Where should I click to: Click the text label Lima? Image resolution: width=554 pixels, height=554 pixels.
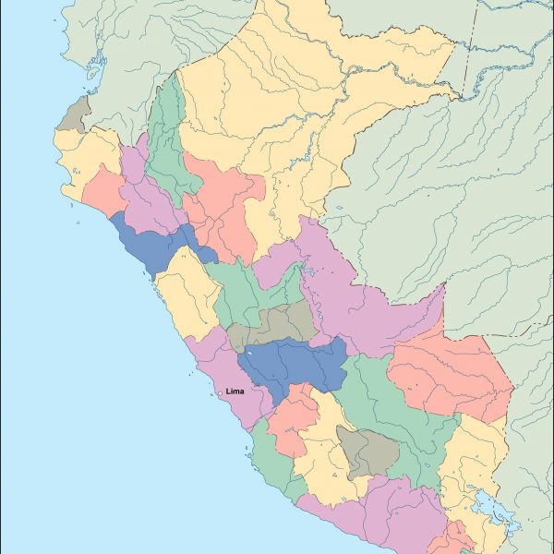point(235,391)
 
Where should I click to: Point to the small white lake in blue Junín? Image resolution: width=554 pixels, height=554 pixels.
point(248,352)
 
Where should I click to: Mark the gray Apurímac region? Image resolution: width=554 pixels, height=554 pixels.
point(367,450)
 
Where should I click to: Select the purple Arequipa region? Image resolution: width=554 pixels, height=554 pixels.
point(369,517)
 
